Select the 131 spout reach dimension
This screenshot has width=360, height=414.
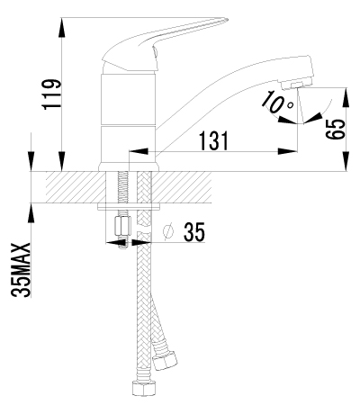tap(214, 140)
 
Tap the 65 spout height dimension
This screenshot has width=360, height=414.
tap(335, 129)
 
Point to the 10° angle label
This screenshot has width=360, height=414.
tap(276, 102)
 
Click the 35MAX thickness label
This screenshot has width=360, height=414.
tap(22, 270)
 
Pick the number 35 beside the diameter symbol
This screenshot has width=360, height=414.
tap(194, 232)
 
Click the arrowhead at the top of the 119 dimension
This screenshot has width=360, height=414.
tap(61, 28)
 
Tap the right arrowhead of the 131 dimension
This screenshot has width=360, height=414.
tap(288, 151)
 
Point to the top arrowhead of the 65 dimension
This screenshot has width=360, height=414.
tap(346, 97)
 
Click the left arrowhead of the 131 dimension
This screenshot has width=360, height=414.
tap(139, 151)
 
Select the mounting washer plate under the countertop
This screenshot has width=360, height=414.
tap(129, 206)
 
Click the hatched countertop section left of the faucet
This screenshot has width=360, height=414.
tap(76, 187)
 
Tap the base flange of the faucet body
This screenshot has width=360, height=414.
tap(129, 166)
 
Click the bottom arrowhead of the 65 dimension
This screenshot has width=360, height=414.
tap(346, 161)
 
